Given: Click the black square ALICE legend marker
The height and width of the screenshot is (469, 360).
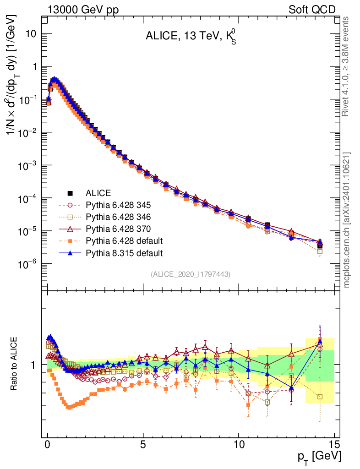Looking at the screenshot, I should click(x=71, y=193).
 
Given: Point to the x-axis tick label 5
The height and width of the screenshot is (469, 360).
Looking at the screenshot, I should click(x=143, y=445).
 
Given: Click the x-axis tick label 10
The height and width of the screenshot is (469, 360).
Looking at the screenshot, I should click(x=239, y=445).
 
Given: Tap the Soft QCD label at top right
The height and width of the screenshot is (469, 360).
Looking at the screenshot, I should click(x=312, y=9).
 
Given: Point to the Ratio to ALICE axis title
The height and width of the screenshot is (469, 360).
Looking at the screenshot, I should click(x=15, y=364).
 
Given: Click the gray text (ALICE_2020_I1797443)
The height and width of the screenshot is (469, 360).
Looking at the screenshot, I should click(x=191, y=274).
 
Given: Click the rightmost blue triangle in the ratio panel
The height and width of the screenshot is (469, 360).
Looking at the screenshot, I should click(x=320, y=341).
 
